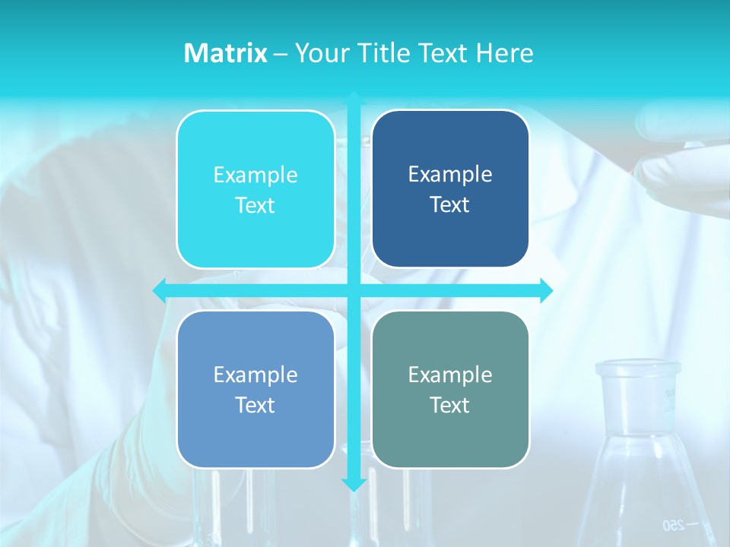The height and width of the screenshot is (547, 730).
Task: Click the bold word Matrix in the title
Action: coord(225,53)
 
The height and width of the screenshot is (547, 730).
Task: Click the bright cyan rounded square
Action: coord(255,189)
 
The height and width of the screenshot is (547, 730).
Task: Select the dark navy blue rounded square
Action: coord(450,188)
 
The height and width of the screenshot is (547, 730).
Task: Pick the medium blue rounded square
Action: coord(255,389)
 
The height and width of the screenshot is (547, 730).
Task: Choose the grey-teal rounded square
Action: coord(450,389)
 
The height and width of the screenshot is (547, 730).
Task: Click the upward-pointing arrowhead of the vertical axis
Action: coord(354,100)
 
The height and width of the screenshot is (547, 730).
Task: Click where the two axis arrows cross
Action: coord(354,289)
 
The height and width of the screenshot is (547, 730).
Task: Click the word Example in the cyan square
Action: coord(255,175)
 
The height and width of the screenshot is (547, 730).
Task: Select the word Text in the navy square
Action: coord(450,204)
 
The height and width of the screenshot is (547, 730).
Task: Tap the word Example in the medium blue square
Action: coord(255,375)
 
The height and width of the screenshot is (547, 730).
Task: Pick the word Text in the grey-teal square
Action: coord(450,405)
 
